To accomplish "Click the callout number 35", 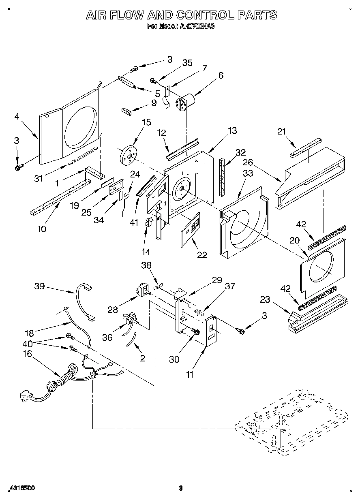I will click(x=187, y=63).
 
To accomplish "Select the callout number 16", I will click(x=27, y=354).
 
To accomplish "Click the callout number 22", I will click(x=201, y=254).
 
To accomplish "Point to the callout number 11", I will click(x=189, y=375).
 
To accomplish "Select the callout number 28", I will click(x=113, y=310).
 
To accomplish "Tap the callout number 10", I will click(x=41, y=229).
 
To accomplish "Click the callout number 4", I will click(x=17, y=117).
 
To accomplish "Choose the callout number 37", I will click(x=230, y=286).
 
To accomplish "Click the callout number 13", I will click(x=232, y=130).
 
